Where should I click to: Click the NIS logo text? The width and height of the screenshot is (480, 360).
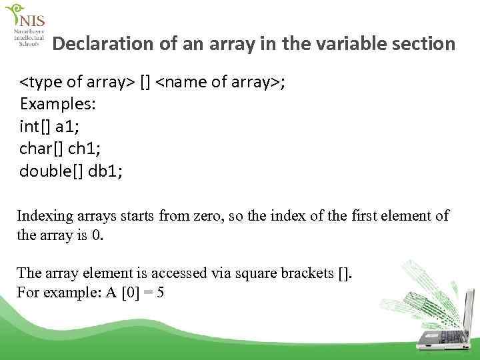(x=31, y=21)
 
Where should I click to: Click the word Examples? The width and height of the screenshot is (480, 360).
(x=58, y=105)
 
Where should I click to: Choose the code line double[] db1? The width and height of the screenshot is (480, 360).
(x=71, y=171)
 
